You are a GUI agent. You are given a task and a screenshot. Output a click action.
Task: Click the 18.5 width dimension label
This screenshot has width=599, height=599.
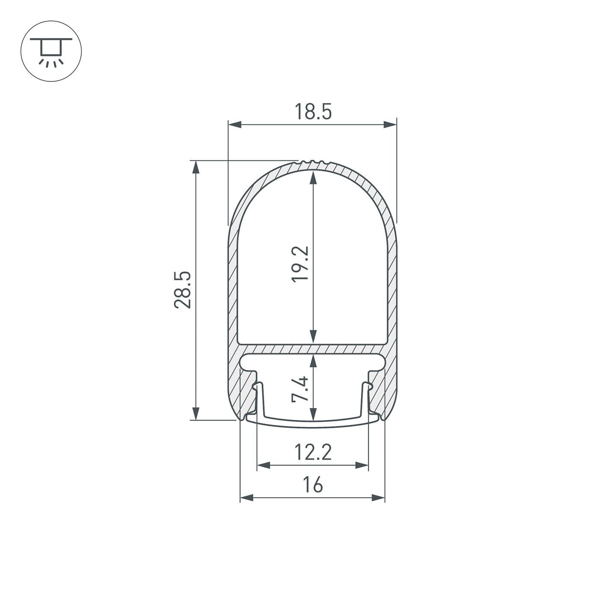tap(313, 112)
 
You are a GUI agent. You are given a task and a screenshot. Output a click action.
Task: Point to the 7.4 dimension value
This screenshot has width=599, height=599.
tap(300, 388)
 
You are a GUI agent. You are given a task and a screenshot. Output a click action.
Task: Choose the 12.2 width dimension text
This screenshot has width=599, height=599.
tap(313, 452)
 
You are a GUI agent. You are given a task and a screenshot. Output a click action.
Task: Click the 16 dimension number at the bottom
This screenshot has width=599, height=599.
tap(313, 485)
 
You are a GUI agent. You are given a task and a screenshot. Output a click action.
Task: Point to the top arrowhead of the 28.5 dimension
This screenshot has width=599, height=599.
tap(196, 167)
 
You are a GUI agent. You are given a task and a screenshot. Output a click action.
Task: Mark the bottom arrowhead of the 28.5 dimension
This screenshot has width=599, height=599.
tap(196, 413)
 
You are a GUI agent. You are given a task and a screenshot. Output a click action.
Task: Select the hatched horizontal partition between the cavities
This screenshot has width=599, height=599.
tap(313, 349)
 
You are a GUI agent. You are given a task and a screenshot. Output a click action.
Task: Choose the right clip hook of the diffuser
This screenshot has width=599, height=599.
tap(368, 387)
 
